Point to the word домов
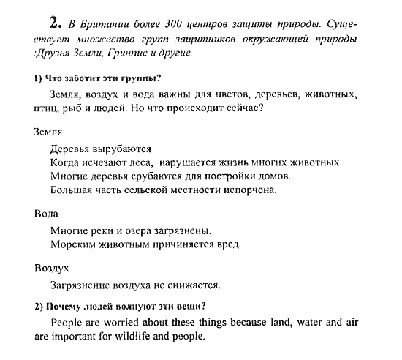click(x=275, y=176)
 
